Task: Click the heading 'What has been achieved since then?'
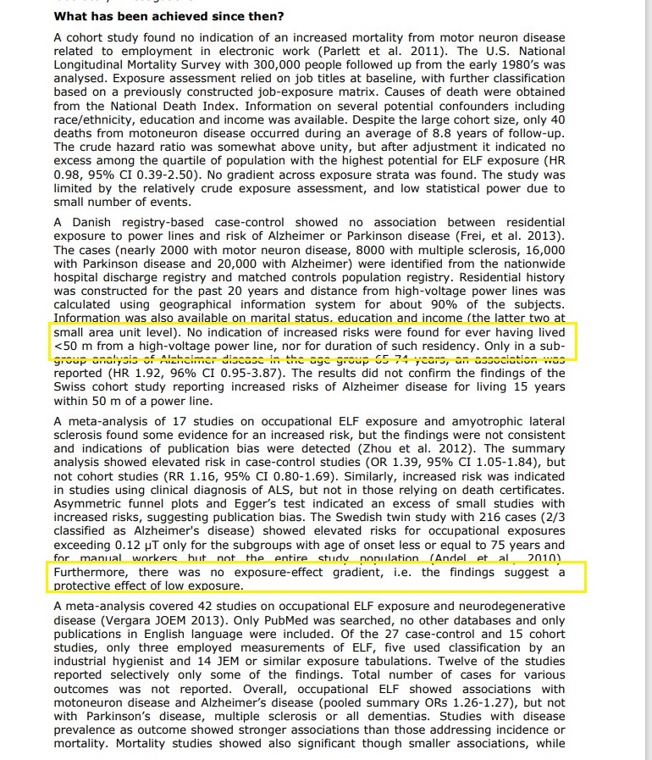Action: tap(169, 16)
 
